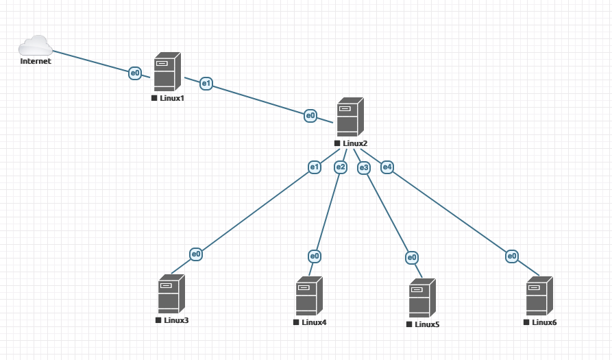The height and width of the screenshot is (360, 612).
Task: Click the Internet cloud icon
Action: (x=36, y=45)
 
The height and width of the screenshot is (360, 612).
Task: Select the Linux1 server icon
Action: (x=167, y=71)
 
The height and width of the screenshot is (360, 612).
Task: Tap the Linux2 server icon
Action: (x=350, y=117)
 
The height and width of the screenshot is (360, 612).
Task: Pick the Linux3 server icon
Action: (x=171, y=293)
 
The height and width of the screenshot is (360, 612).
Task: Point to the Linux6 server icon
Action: (x=539, y=296)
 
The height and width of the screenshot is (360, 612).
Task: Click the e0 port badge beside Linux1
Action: (x=135, y=73)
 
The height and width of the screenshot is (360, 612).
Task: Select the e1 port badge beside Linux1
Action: (x=206, y=84)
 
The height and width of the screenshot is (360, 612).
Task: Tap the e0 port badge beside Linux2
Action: (x=310, y=115)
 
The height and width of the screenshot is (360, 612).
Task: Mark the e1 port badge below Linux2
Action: (x=315, y=167)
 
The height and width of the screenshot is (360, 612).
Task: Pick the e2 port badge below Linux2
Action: (x=341, y=167)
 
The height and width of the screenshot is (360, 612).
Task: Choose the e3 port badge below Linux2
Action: (x=364, y=167)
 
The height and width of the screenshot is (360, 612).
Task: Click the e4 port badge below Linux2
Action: (x=387, y=167)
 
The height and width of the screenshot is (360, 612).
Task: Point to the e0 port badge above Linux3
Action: (x=196, y=254)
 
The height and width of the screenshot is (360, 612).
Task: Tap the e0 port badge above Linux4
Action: (x=315, y=256)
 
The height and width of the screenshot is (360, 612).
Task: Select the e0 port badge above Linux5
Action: (x=411, y=258)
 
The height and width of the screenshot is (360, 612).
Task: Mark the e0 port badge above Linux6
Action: (x=512, y=256)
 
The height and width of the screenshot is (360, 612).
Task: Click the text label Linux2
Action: (x=355, y=143)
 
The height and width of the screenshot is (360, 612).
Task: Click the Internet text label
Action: (x=36, y=61)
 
